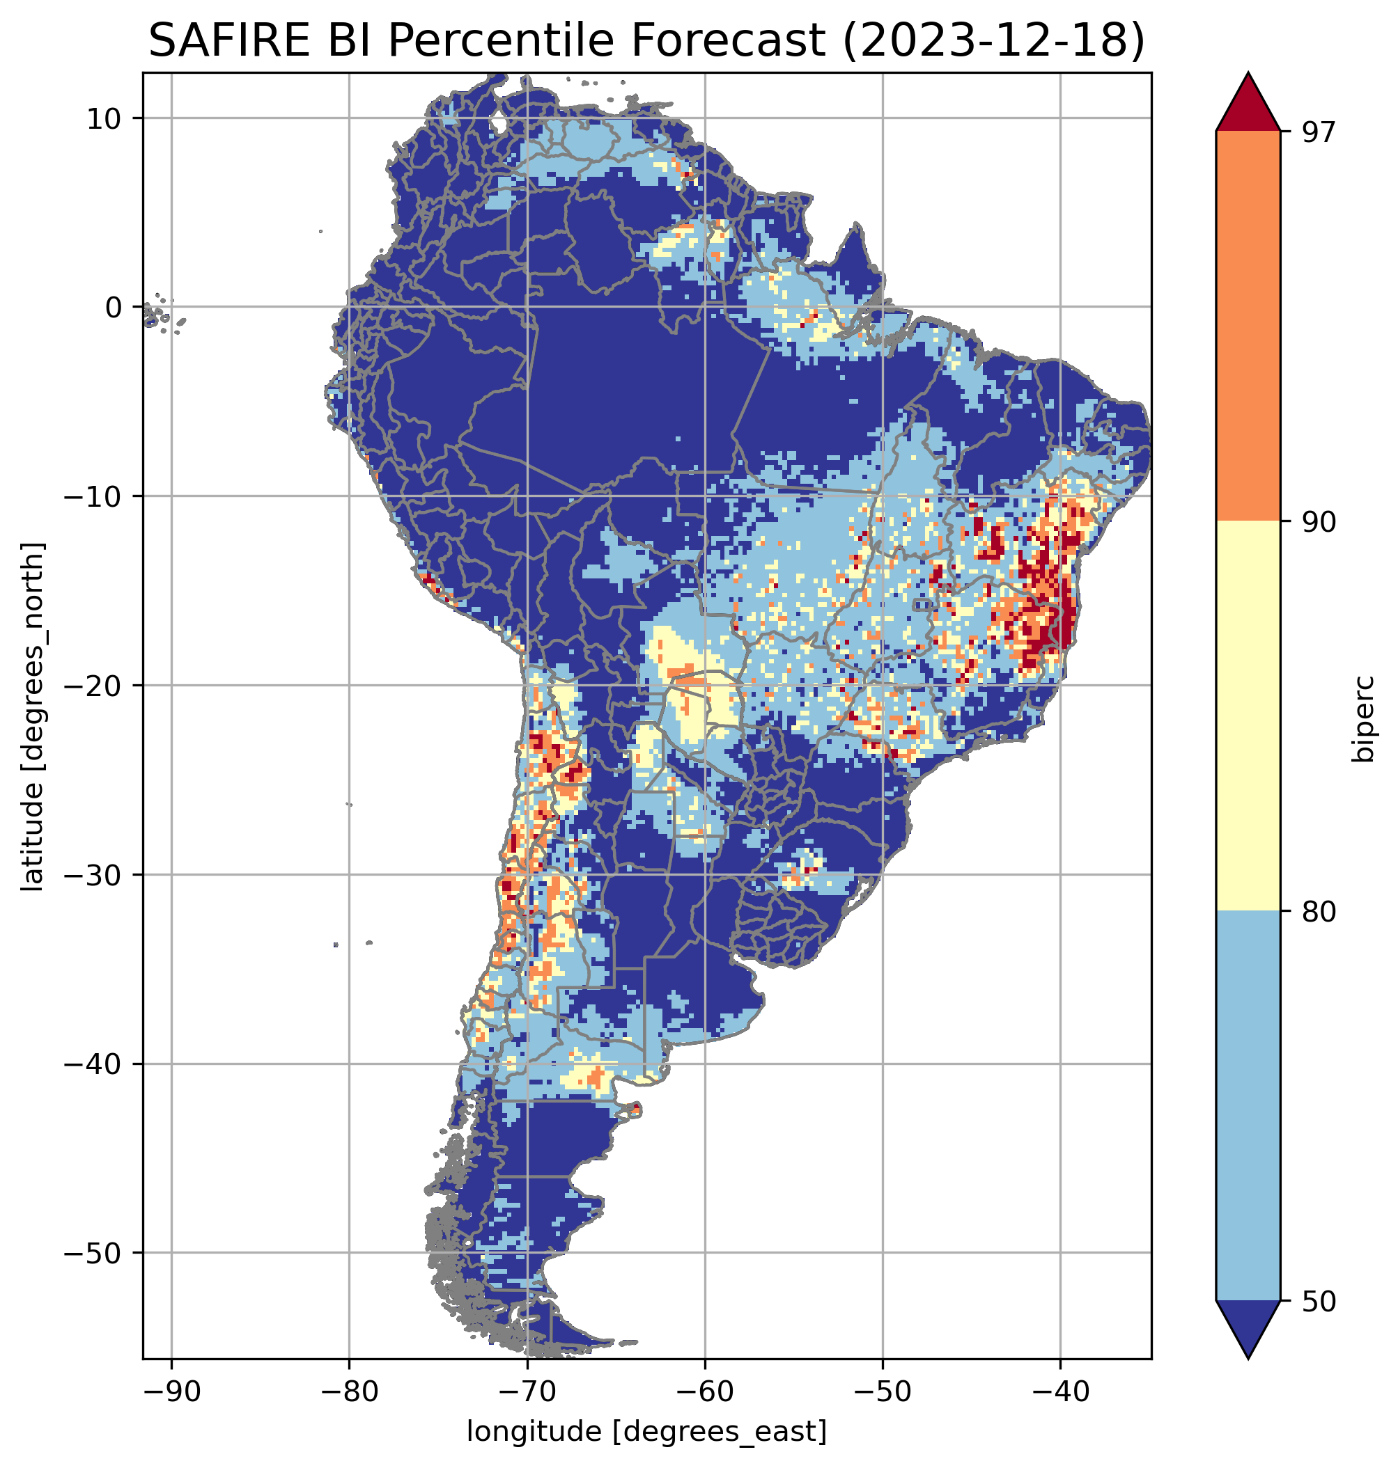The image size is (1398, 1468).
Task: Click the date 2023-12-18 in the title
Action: coord(992,41)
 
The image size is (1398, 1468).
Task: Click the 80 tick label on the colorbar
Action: coord(1319,912)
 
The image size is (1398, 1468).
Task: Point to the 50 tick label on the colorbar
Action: coord(1319,1301)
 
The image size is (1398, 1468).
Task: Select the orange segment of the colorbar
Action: coord(1248,326)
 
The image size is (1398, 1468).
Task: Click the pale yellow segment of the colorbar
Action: coord(1248,715)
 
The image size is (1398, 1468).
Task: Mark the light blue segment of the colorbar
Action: coord(1248,1105)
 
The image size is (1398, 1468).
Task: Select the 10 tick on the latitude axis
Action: coord(104,118)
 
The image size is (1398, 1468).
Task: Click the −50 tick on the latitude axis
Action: coord(93,1254)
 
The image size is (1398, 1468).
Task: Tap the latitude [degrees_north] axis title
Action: coord(33,716)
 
